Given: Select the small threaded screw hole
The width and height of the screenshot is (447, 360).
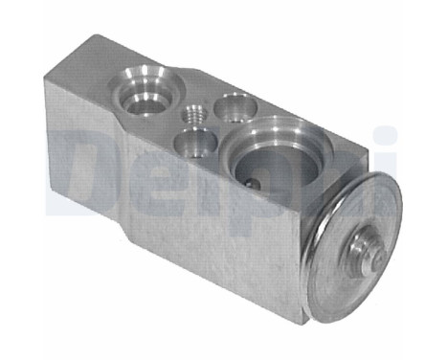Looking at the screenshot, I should [194, 114].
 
